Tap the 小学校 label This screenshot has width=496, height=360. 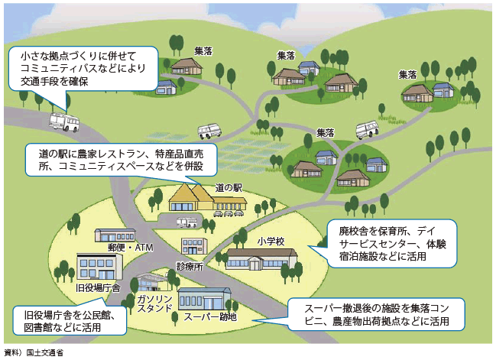click(270, 241)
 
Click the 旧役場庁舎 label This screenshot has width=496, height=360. click(98, 287)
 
